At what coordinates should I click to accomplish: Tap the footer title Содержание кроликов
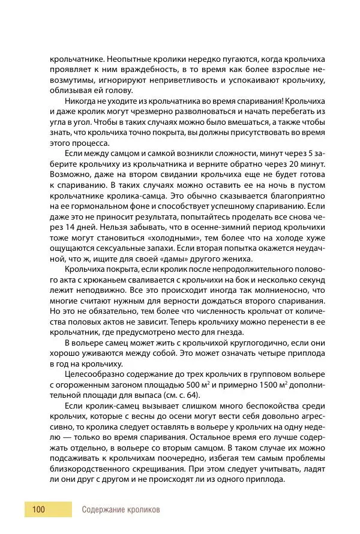[x=121, y=509]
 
